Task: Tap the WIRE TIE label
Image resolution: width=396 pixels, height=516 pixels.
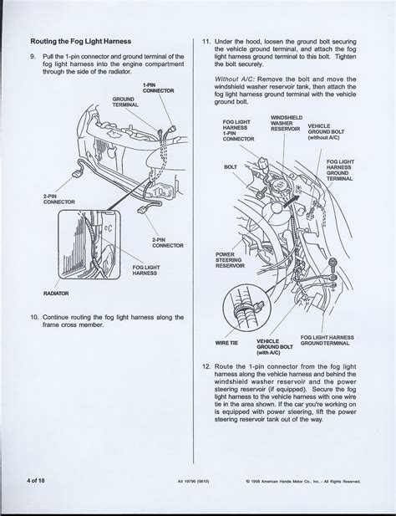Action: click(x=227, y=342)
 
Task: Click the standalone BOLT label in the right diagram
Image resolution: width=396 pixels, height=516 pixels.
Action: click(x=231, y=166)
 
